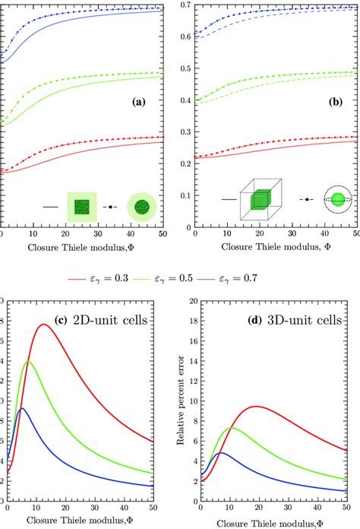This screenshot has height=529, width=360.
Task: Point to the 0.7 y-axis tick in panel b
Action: pyautogui.click(x=184, y=6)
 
